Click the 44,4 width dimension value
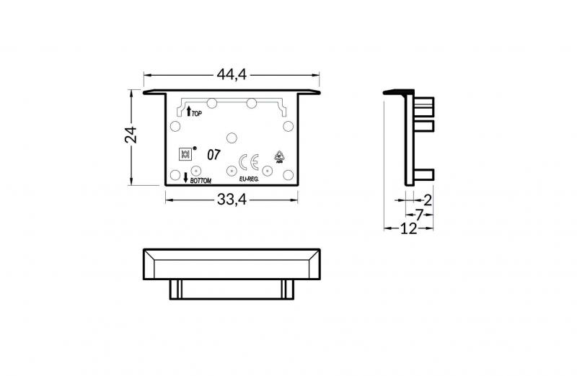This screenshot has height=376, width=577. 232,73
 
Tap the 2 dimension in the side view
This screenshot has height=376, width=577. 427,200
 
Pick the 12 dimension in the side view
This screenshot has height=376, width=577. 408,228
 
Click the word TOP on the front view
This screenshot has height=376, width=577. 197,114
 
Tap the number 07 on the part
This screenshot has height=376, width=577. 214,154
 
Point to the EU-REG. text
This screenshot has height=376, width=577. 248,179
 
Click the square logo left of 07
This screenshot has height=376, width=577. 185,154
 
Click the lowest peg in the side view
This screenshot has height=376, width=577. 426,174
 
